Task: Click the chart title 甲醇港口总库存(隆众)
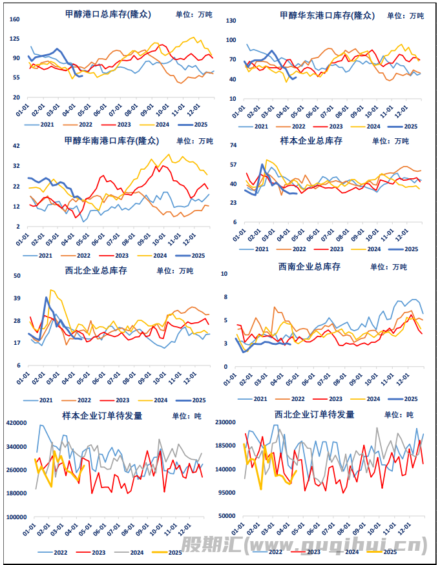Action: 108,14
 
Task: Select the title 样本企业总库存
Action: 310,140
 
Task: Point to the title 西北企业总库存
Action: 96,271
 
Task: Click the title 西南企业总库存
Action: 309,266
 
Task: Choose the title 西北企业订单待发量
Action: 315,415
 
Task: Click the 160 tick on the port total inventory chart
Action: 15,19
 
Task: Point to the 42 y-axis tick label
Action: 17,146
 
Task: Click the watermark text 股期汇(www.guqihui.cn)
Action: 304,546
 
